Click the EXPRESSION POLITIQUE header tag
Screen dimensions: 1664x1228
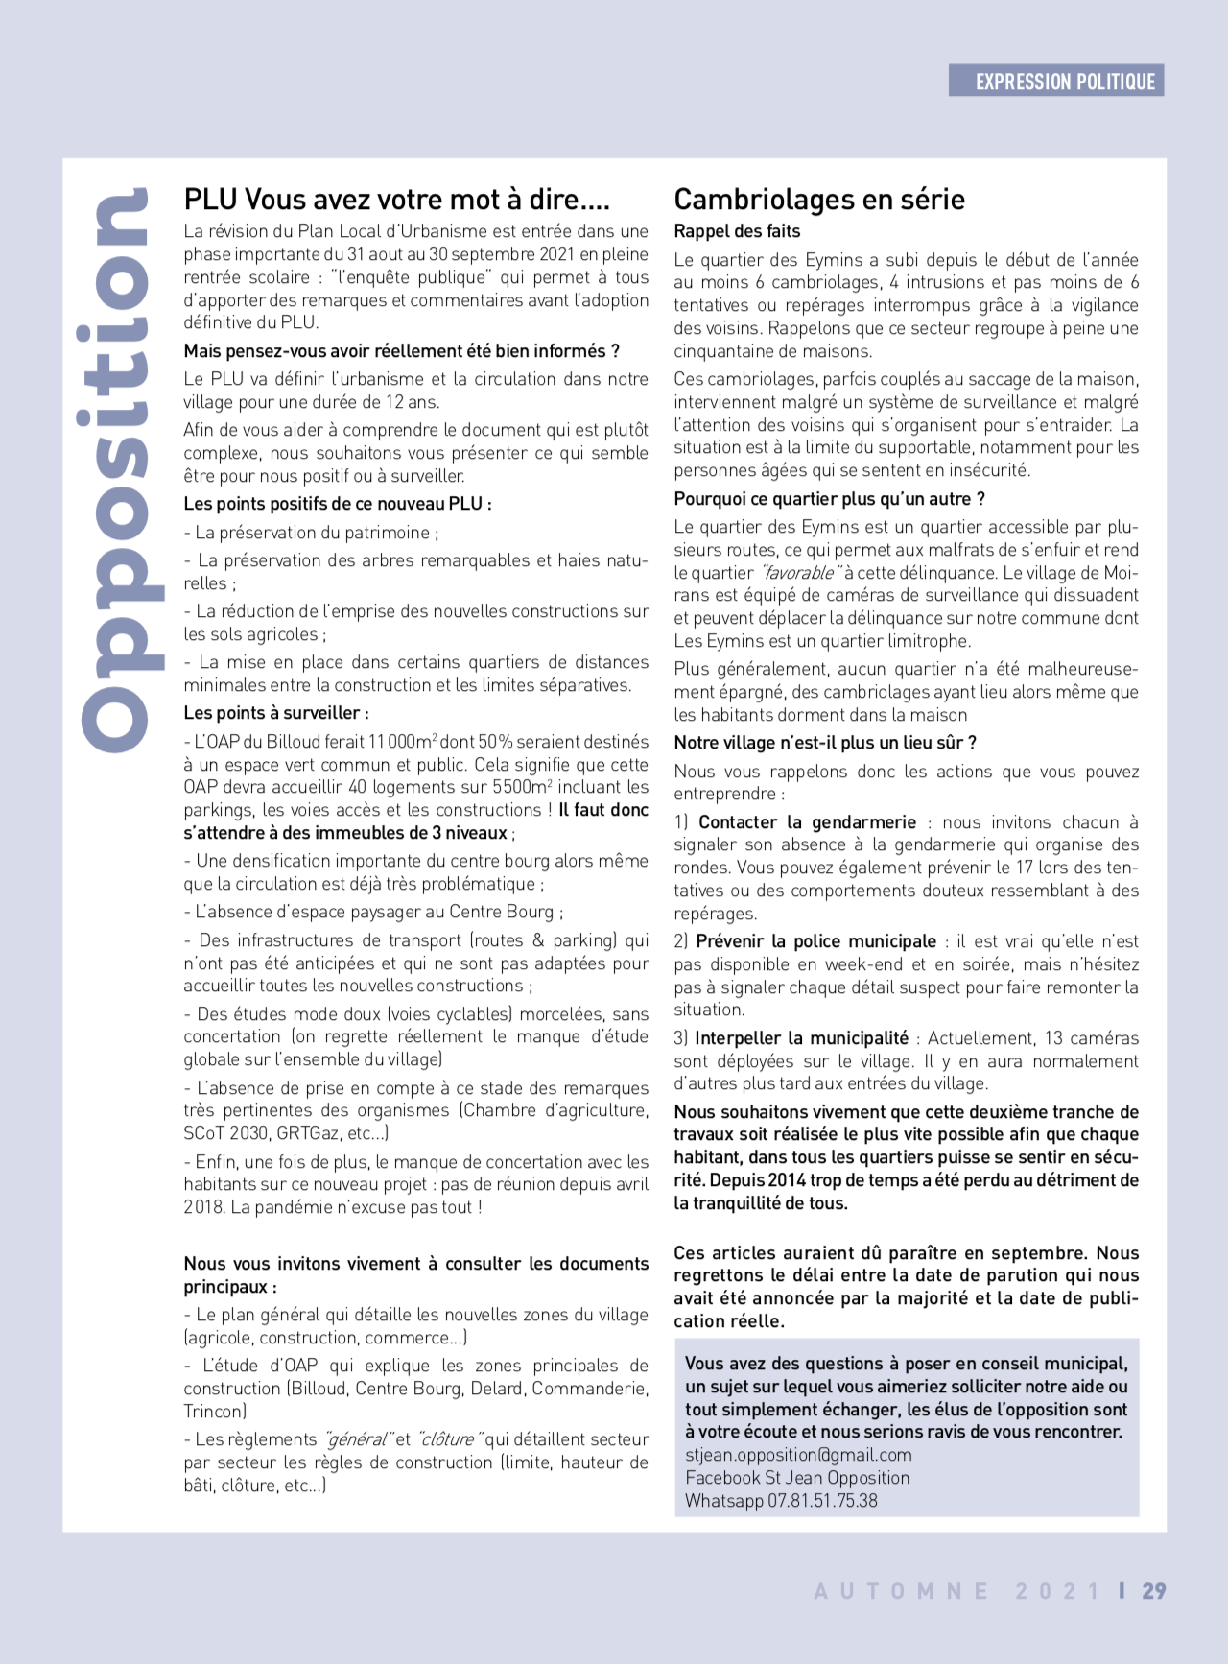(1056, 82)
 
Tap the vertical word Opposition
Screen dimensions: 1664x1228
(116, 469)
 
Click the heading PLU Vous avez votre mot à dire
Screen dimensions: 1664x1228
(396, 200)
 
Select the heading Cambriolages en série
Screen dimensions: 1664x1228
(819, 200)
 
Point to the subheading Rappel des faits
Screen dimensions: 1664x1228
(736, 231)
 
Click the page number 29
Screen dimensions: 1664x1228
(1153, 1591)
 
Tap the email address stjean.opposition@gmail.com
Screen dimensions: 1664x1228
(798, 1455)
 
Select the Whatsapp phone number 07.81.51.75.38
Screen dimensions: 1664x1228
(822, 1501)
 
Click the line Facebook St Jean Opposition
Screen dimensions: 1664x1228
(797, 1478)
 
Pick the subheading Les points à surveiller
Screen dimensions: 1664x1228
(276, 713)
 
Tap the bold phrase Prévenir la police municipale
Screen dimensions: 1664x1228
(815, 941)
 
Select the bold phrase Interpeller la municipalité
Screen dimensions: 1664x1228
(801, 1038)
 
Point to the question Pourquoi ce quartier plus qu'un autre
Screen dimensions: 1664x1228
(829, 499)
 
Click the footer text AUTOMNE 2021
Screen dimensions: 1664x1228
(956, 1591)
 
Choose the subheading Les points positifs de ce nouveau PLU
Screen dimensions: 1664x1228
(337, 504)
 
